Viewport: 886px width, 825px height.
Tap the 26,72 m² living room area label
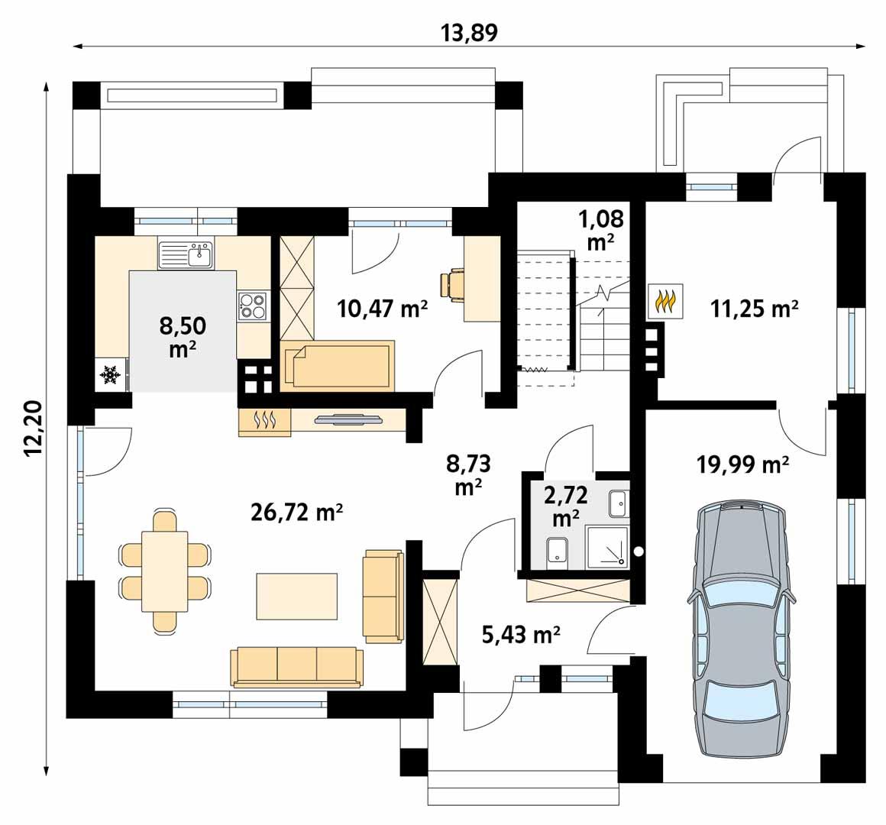click(x=296, y=513)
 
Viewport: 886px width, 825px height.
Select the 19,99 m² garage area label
click(x=743, y=464)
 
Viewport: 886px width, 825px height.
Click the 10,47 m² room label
click(x=382, y=308)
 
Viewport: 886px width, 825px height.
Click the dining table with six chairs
click(x=165, y=571)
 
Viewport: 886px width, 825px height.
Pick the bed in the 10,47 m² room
click(x=337, y=365)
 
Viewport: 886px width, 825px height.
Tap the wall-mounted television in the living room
click(x=348, y=419)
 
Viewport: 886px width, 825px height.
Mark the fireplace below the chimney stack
click(x=265, y=421)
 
